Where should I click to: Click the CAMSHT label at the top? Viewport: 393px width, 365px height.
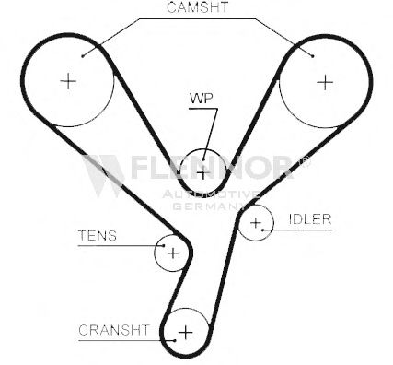[198, 7]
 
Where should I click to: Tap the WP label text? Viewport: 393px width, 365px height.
[202, 99]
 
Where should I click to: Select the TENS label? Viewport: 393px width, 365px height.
[98, 236]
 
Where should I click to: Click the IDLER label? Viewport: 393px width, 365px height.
[310, 219]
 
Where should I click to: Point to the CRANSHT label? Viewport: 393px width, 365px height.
[114, 330]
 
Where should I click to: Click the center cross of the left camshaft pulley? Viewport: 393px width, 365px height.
[68, 82]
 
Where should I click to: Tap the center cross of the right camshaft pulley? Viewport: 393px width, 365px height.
[325, 82]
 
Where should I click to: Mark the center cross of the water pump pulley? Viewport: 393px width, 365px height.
[202, 174]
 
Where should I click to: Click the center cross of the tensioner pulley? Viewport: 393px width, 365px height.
[173, 253]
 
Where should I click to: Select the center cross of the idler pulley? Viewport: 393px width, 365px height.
[256, 223]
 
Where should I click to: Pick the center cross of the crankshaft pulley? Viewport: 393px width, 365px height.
[186, 332]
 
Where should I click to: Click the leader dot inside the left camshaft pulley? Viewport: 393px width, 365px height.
[83, 56]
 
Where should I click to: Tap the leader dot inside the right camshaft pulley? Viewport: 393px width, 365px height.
[312, 56]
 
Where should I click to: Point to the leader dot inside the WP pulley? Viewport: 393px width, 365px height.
[203, 159]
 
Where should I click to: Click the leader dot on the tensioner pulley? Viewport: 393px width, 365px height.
[164, 245]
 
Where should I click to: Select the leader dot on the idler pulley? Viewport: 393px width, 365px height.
[263, 230]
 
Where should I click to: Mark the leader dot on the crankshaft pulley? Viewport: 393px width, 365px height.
[175, 340]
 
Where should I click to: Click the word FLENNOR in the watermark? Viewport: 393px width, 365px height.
[213, 168]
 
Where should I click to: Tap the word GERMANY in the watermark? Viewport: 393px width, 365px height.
[209, 206]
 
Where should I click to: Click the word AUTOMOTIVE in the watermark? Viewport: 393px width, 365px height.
[211, 194]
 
